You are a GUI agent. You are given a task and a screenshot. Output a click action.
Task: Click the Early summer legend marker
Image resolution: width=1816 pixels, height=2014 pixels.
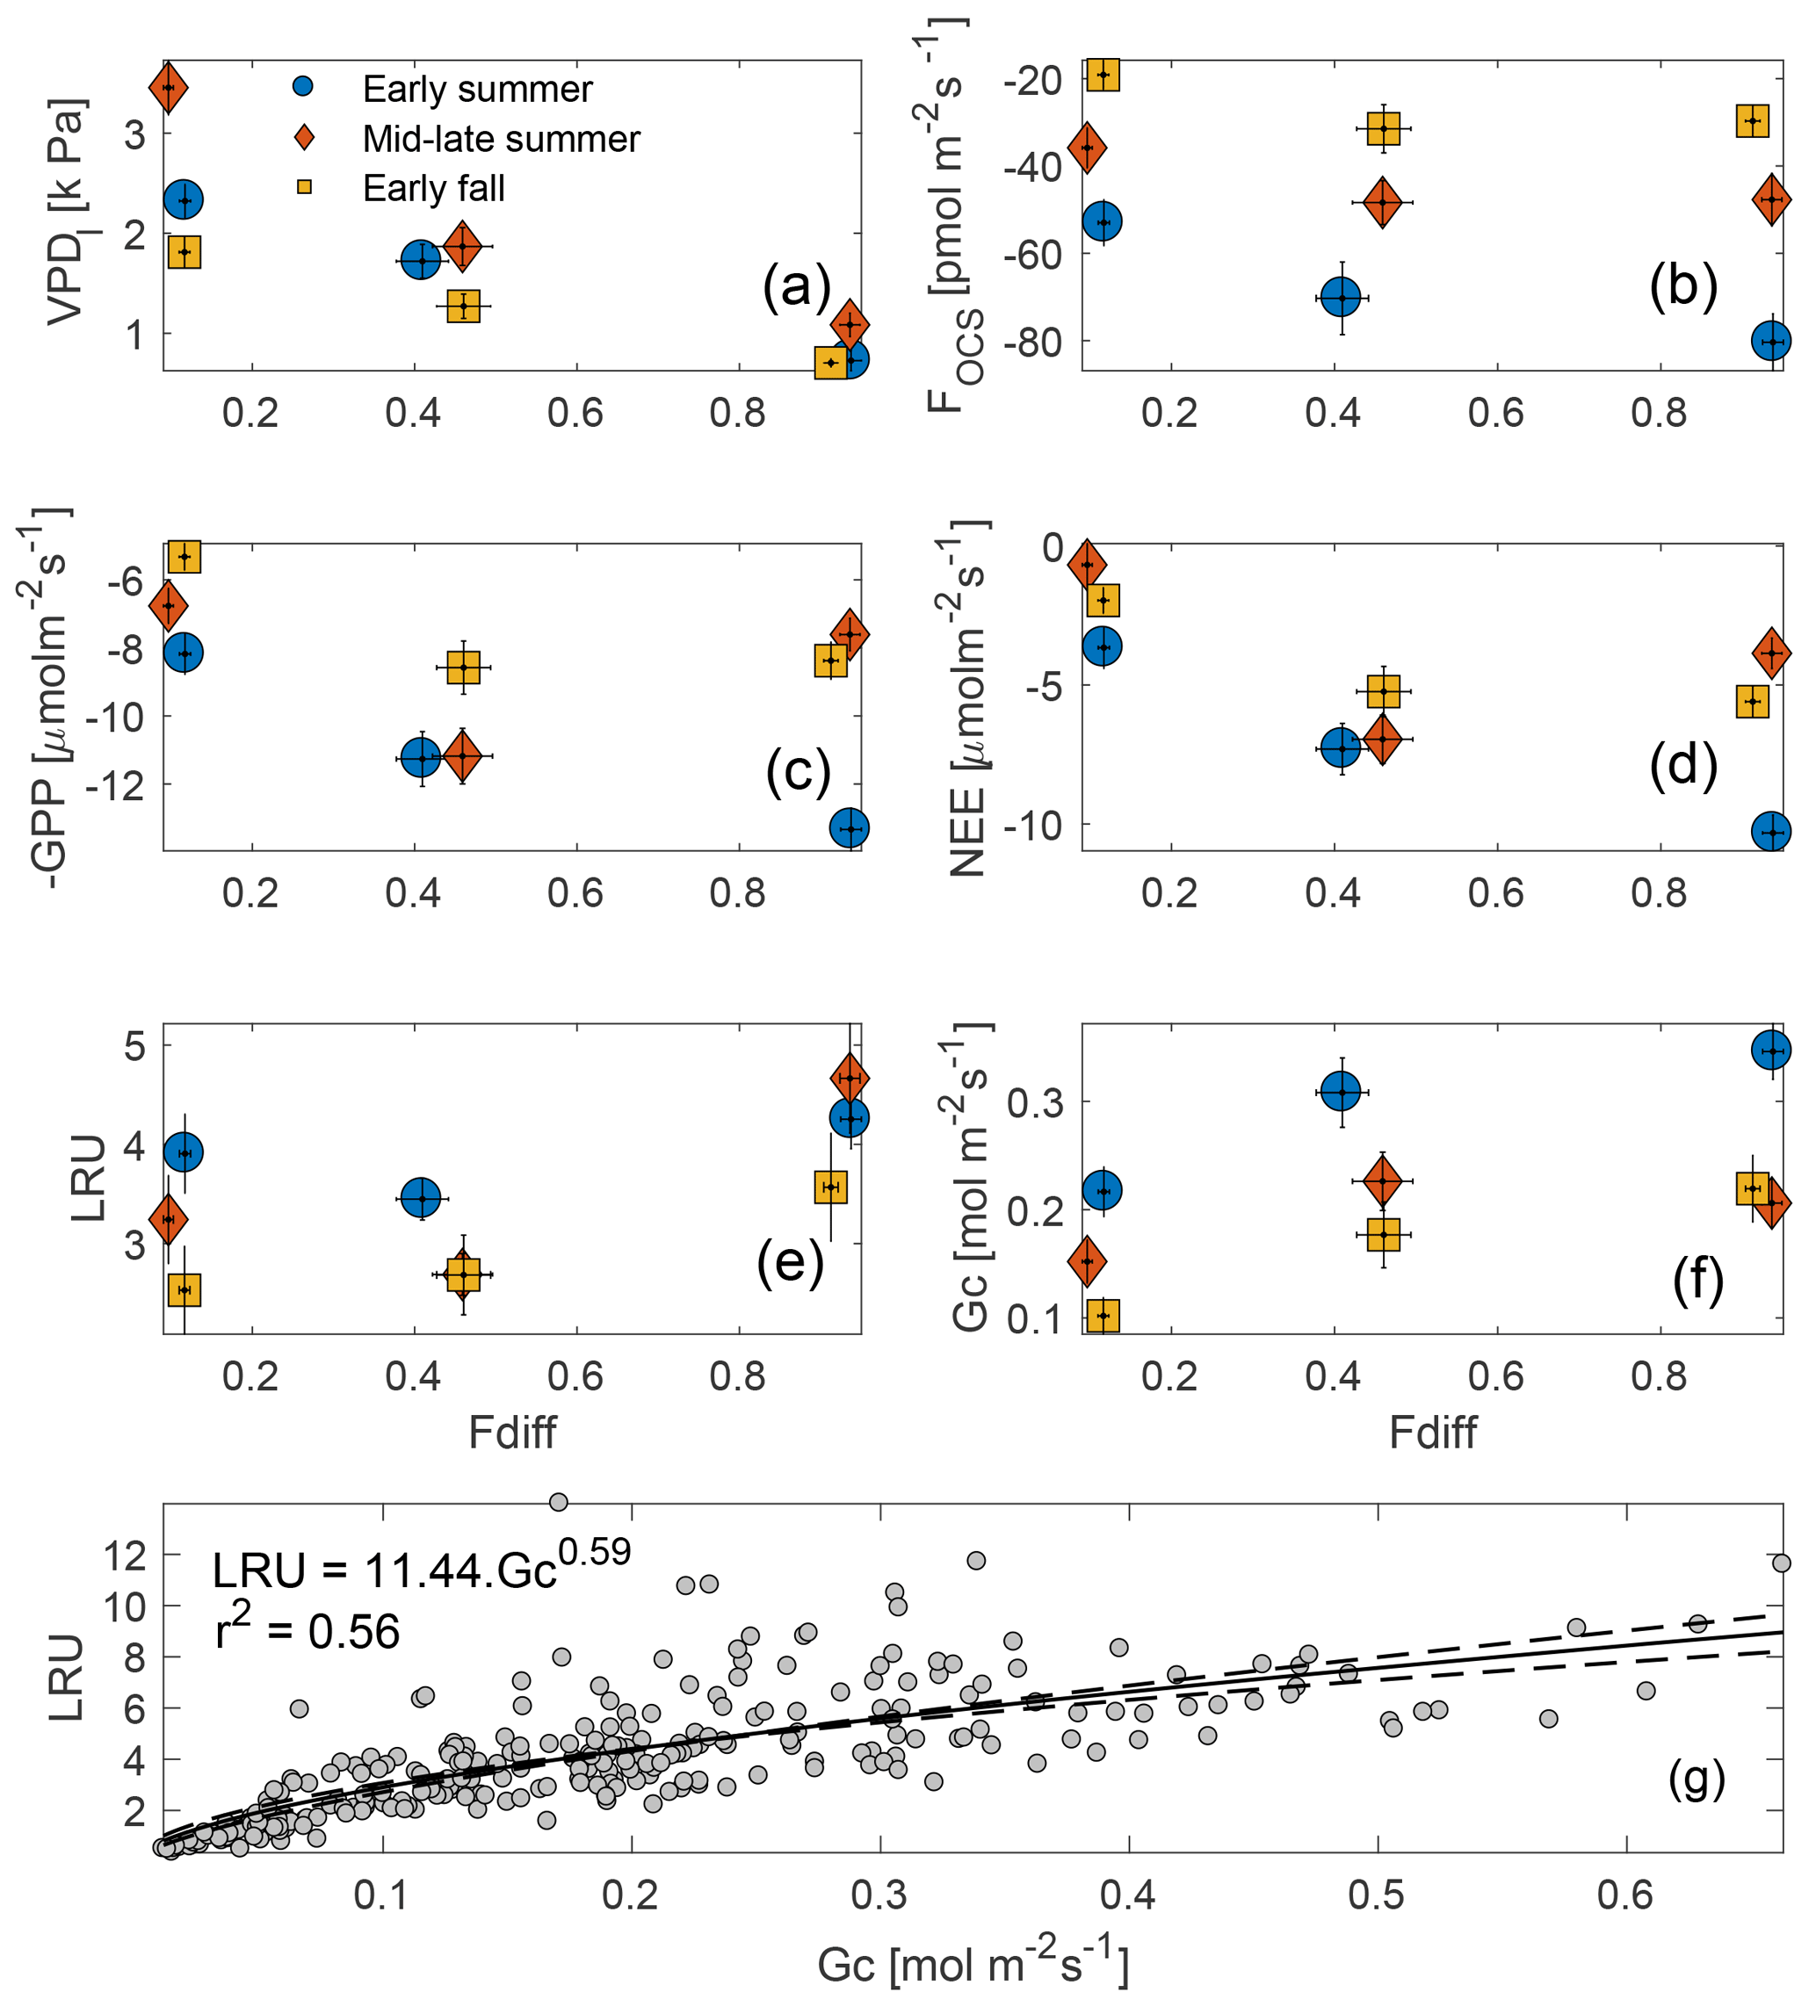(303, 87)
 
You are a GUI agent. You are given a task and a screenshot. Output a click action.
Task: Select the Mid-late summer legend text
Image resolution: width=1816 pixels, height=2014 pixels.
(501, 139)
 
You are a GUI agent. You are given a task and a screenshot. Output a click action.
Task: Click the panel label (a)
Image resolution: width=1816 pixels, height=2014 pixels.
(796, 287)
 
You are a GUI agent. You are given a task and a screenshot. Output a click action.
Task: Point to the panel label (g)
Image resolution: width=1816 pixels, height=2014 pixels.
(1697, 1779)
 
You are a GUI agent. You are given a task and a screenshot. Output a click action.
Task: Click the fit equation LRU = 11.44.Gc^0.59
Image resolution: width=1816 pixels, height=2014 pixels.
(421, 1566)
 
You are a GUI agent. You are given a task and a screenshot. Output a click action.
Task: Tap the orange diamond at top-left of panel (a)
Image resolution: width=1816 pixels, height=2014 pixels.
(169, 88)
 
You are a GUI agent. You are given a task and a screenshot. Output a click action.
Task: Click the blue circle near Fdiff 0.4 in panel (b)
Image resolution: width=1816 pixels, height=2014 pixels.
(1341, 297)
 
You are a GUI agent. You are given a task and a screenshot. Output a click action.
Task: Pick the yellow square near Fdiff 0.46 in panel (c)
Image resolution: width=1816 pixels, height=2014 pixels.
(464, 668)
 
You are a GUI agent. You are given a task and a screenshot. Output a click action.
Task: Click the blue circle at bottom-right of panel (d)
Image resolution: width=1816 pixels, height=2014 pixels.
(1771, 831)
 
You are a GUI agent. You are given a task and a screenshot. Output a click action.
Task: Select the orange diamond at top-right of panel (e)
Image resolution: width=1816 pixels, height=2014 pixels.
(849, 1079)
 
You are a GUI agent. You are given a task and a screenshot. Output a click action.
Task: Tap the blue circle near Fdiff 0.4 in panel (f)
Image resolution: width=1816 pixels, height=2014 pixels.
(1341, 1091)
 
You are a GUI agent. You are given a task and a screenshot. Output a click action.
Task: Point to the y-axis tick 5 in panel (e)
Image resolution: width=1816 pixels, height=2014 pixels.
(134, 1045)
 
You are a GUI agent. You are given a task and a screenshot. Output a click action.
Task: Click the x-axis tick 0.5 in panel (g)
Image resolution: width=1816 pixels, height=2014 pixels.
(1377, 1895)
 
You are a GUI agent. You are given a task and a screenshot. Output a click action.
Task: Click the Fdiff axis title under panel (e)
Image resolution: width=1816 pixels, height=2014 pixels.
(512, 1433)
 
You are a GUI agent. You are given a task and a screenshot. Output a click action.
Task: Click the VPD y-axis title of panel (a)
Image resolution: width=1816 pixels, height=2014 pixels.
(68, 212)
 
